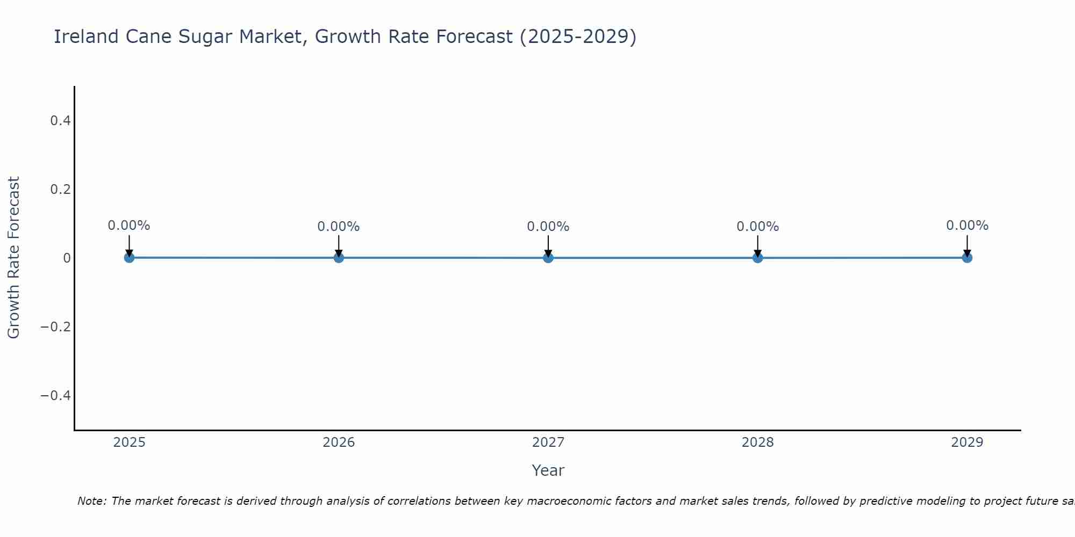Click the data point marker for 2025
(129, 258)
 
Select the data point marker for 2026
(339, 258)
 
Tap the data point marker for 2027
(548, 258)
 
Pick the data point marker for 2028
(758, 258)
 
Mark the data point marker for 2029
(967, 258)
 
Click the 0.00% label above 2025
(129, 226)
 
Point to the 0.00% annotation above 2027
(548, 227)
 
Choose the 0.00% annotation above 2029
(967, 226)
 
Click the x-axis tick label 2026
(339, 442)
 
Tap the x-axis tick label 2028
(758, 442)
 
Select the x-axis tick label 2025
(129, 442)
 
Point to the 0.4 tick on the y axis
(60, 121)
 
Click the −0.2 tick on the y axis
(56, 327)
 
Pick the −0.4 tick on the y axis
(56, 396)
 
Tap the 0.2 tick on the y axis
(60, 190)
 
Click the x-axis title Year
(548, 470)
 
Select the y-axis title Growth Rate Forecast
(13, 258)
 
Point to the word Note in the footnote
(91, 501)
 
